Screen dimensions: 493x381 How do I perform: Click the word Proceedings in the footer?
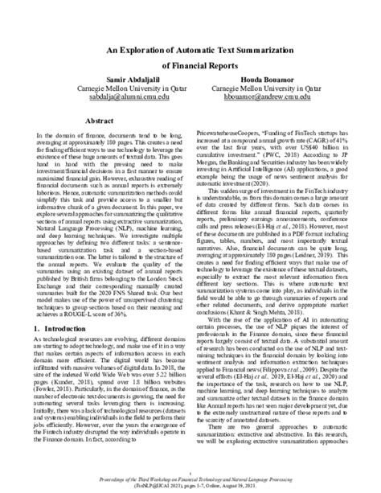click(125, 477)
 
